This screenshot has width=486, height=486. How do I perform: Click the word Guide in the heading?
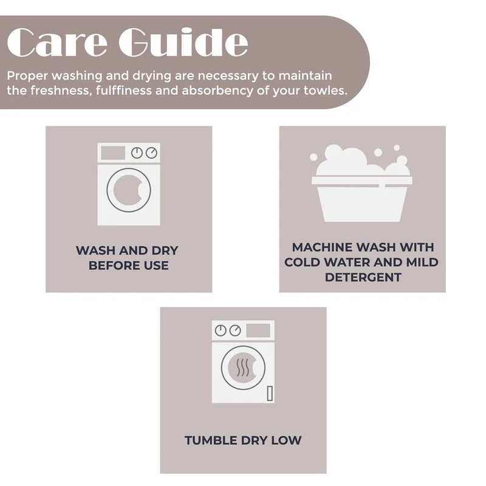click(x=183, y=43)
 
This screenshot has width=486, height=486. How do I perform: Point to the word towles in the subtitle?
click(x=328, y=91)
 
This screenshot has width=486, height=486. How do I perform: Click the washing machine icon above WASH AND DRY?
click(x=128, y=184)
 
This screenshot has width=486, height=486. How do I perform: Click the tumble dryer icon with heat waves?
click(x=243, y=361)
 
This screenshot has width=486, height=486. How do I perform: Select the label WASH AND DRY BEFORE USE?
click(x=128, y=258)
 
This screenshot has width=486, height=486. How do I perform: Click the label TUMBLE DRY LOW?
click(x=243, y=440)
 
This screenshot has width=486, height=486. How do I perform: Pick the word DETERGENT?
click(x=363, y=277)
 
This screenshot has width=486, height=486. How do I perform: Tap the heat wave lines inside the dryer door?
click(x=243, y=367)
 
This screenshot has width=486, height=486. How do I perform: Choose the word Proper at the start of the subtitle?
click(x=28, y=77)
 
